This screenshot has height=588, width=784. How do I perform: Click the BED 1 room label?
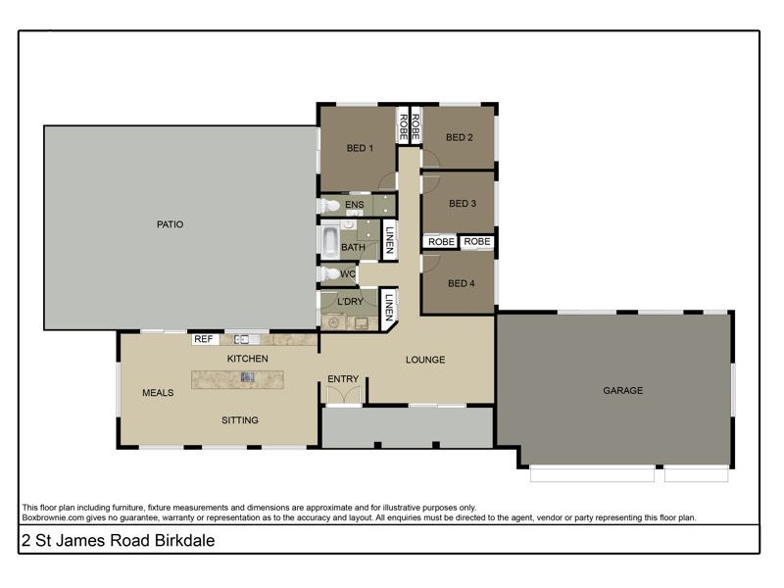tap(360, 149)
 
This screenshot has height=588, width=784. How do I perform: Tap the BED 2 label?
tap(460, 137)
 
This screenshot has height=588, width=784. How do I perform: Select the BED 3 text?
tap(462, 204)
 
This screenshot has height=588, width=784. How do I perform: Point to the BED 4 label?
tap(461, 283)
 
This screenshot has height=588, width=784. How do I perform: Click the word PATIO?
tap(170, 224)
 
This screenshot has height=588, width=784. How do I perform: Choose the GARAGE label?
tap(622, 390)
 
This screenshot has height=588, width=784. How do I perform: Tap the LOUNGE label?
tap(425, 360)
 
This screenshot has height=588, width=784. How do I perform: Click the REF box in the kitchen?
tap(204, 339)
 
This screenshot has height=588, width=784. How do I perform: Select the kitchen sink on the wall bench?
tap(242, 339)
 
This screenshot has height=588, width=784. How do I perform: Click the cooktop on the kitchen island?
tap(248, 376)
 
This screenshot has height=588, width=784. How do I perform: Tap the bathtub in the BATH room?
tap(329, 240)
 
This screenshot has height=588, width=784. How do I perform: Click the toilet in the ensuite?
tap(331, 206)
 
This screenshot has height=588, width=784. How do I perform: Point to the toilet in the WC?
tap(331, 274)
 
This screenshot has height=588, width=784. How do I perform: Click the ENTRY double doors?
tap(343, 395)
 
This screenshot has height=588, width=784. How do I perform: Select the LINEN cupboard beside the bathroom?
tap(389, 240)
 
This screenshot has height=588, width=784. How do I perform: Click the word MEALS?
tap(158, 393)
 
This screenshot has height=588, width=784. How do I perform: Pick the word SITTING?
tap(239, 420)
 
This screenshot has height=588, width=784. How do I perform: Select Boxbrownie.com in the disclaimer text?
tap(54, 516)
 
